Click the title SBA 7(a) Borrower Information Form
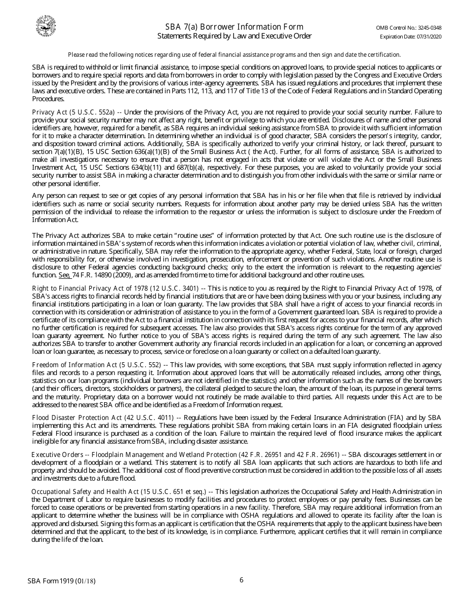pyautogui.click(x=234, y=27)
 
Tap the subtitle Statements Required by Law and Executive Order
pyautogui.click(x=234, y=36)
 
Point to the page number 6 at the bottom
pyautogui.click(x=241, y=580)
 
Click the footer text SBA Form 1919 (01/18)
pyautogui.click(x=62, y=581)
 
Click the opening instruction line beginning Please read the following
pyautogui.click(x=234, y=55)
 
